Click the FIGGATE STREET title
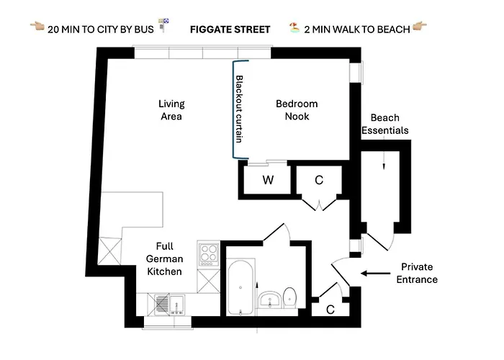pyautogui.click(x=230, y=30)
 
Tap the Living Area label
pyautogui.click(x=171, y=110)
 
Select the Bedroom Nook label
pyautogui.click(x=297, y=110)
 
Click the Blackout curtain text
pyautogui.click(x=240, y=108)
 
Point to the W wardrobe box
pyautogui.click(x=267, y=181)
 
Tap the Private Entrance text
pyautogui.click(x=420, y=273)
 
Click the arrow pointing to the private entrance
pyautogui.click(x=374, y=273)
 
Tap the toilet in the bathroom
pyautogui.click(x=289, y=296)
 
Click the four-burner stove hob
pyautogui.click(x=208, y=254)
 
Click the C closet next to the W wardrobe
pyautogui.click(x=318, y=181)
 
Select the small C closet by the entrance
pyautogui.click(x=330, y=310)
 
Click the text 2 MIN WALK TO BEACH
pyautogui.click(x=357, y=30)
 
